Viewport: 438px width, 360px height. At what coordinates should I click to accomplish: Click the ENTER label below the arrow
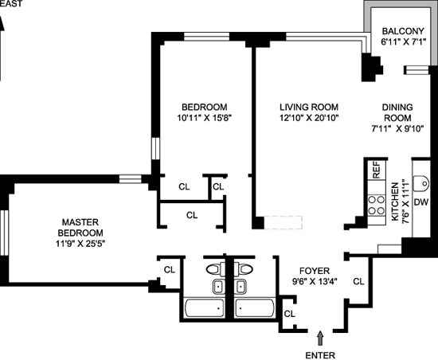click(x=320, y=355)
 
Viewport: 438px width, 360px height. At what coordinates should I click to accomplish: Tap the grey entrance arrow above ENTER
click(x=320, y=338)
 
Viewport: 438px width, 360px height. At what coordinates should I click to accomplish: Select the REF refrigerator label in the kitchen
click(x=377, y=170)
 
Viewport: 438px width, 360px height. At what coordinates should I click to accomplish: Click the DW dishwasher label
click(x=421, y=202)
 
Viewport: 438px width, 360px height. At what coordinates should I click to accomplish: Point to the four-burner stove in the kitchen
click(x=376, y=205)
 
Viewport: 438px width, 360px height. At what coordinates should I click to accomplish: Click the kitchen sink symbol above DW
click(x=420, y=183)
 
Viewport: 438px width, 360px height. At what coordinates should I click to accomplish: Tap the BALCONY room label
click(x=403, y=31)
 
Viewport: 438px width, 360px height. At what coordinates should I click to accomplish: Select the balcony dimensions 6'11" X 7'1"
click(x=403, y=42)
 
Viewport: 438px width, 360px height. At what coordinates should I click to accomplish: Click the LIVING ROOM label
click(x=309, y=107)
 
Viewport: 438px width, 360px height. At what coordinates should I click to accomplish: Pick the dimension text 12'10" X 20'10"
click(x=309, y=118)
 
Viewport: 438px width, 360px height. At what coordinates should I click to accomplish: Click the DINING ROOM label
click(x=397, y=112)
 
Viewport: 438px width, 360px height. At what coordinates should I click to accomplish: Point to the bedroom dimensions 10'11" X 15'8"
click(x=205, y=118)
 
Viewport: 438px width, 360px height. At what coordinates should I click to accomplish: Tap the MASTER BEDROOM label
click(x=80, y=227)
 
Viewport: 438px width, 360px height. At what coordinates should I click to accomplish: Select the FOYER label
click(x=315, y=271)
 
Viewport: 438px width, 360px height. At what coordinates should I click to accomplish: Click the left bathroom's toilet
click(x=216, y=269)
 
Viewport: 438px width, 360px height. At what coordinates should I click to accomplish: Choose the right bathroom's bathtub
click(x=255, y=307)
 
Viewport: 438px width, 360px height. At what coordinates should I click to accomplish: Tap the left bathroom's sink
click(x=219, y=287)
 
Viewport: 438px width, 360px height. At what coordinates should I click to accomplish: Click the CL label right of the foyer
click(x=358, y=281)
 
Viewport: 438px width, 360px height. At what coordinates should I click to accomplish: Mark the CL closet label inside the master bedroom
click(x=170, y=270)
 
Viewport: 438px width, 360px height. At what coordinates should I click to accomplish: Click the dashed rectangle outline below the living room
click(x=284, y=222)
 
